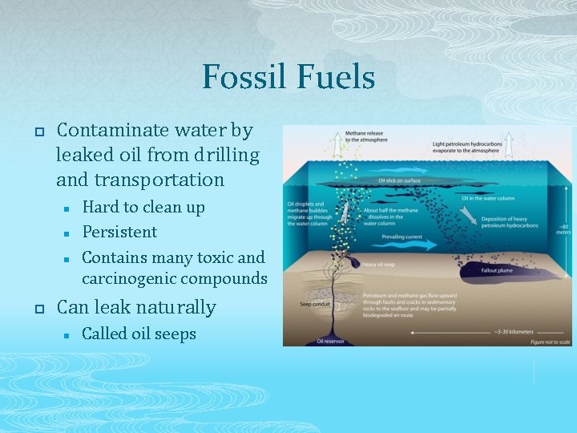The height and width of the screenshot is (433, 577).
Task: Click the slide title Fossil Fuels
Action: [x=288, y=77]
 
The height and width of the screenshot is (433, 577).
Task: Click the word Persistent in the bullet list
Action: [x=119, y=232]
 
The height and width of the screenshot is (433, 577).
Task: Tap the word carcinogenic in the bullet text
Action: [x=130, y=279]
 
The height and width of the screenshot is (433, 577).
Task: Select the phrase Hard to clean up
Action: [x=143, y=207]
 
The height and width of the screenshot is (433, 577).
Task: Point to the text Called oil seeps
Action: [x=139, y=334]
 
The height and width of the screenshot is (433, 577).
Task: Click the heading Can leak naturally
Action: [x=136, y=307]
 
